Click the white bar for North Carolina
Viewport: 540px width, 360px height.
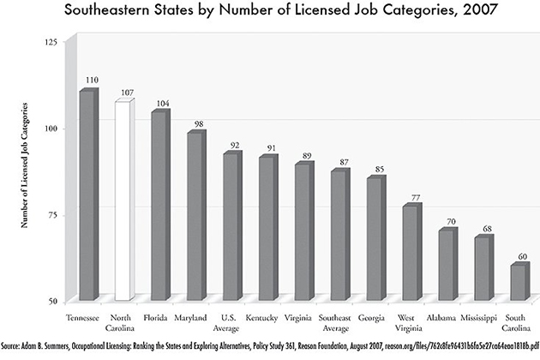click(123, 201)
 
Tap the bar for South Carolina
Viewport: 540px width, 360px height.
click(519, 282)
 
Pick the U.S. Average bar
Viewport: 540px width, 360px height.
click(231, 227)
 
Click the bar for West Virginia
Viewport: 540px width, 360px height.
click(411, 253)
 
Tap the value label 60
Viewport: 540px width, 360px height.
click(523, 256)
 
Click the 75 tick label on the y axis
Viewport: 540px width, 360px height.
click(53, 214)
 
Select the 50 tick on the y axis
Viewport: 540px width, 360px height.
click(53, 301)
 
